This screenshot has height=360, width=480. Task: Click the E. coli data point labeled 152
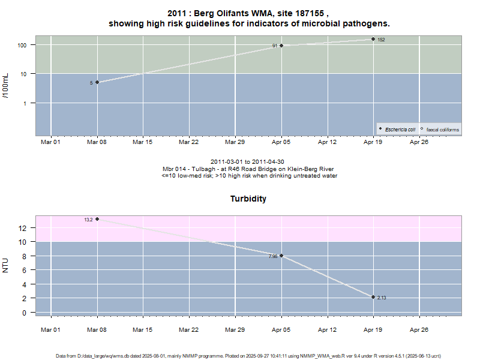pyautogui.click(x=373, y=39)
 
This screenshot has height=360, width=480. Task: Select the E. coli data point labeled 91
pyautogui.click(x=281, y=46)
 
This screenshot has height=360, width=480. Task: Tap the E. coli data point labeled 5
pyautogui.click(x=97, y=82)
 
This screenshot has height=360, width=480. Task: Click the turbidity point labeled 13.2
pyautogui.click(x=97, y=219)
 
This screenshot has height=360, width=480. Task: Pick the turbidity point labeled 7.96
pyautogui.click(x=281, y=256)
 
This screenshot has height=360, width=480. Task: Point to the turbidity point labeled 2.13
pyautogui.click(x=373, y=297)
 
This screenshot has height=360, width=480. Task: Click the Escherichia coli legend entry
pyautogui.click(x=399, y=130)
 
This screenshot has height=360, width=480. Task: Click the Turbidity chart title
pyautogui.click(x=248, y=199)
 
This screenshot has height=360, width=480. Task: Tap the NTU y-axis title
pyautogui.click(x=6, y=265)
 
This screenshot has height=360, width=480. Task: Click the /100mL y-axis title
pyautogui.click(x=6, y=86)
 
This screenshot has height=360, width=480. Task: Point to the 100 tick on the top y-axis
pyautogui.click(x=24, y=45)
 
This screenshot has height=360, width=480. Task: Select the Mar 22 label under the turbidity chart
pyautogui.click(x=189, y=329)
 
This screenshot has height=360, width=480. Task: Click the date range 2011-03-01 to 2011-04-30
pyautogui.click(x=248, y=162)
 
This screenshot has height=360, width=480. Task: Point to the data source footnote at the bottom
pyautogui.click(x=248, y=356)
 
